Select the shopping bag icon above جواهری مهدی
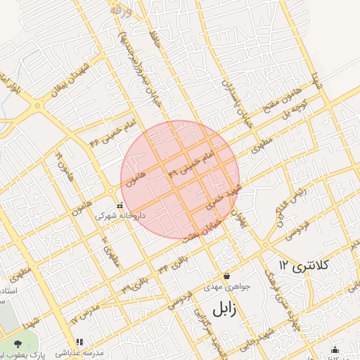[226, 276]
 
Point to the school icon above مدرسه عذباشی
[79, 342]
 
